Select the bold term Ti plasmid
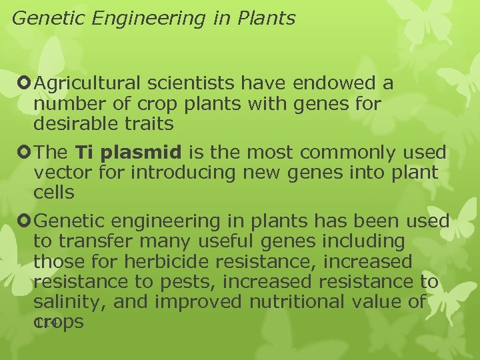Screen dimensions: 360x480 (129, 153)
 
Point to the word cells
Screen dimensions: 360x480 (54, 193)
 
